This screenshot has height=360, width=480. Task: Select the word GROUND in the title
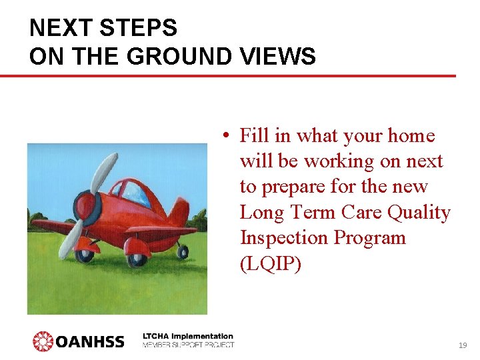[x=181, y=57]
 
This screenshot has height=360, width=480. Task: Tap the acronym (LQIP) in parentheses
[x=271, y=263]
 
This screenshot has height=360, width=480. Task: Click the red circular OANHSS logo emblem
[x=43, y=341]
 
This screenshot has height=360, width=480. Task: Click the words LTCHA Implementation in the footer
[x=188, y=336]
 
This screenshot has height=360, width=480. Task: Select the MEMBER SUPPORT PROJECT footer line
[x=188, y=345]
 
